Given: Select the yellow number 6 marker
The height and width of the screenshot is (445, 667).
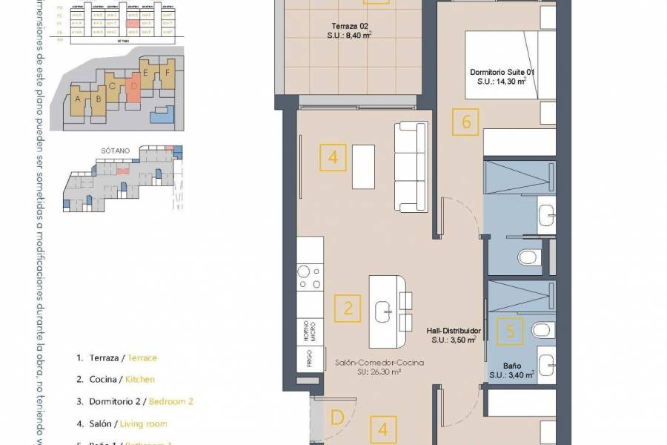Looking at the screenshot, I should pos(466,122).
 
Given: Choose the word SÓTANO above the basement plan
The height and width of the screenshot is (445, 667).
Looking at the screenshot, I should pos(115,150).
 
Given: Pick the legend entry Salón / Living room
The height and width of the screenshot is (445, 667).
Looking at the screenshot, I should pos(122,423).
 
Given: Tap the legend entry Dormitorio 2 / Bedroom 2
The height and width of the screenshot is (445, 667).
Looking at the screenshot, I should pos(134,401).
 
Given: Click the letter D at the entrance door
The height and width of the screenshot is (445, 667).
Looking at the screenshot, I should pos(336,418).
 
